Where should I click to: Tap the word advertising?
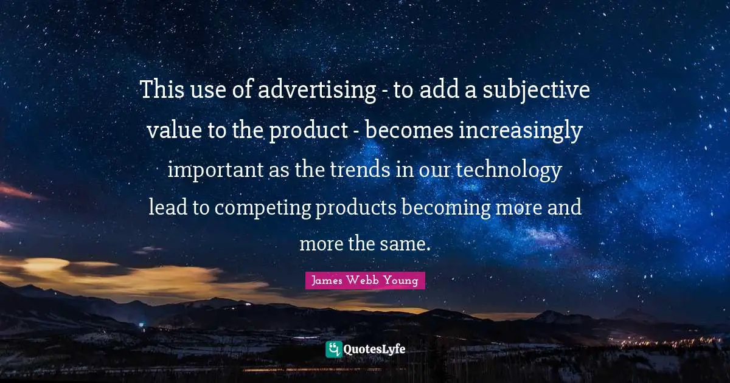pos(316,91)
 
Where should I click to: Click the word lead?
pos(169,208)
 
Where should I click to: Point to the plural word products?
pos(356,208)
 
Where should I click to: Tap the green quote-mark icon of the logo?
pos(333,349)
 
